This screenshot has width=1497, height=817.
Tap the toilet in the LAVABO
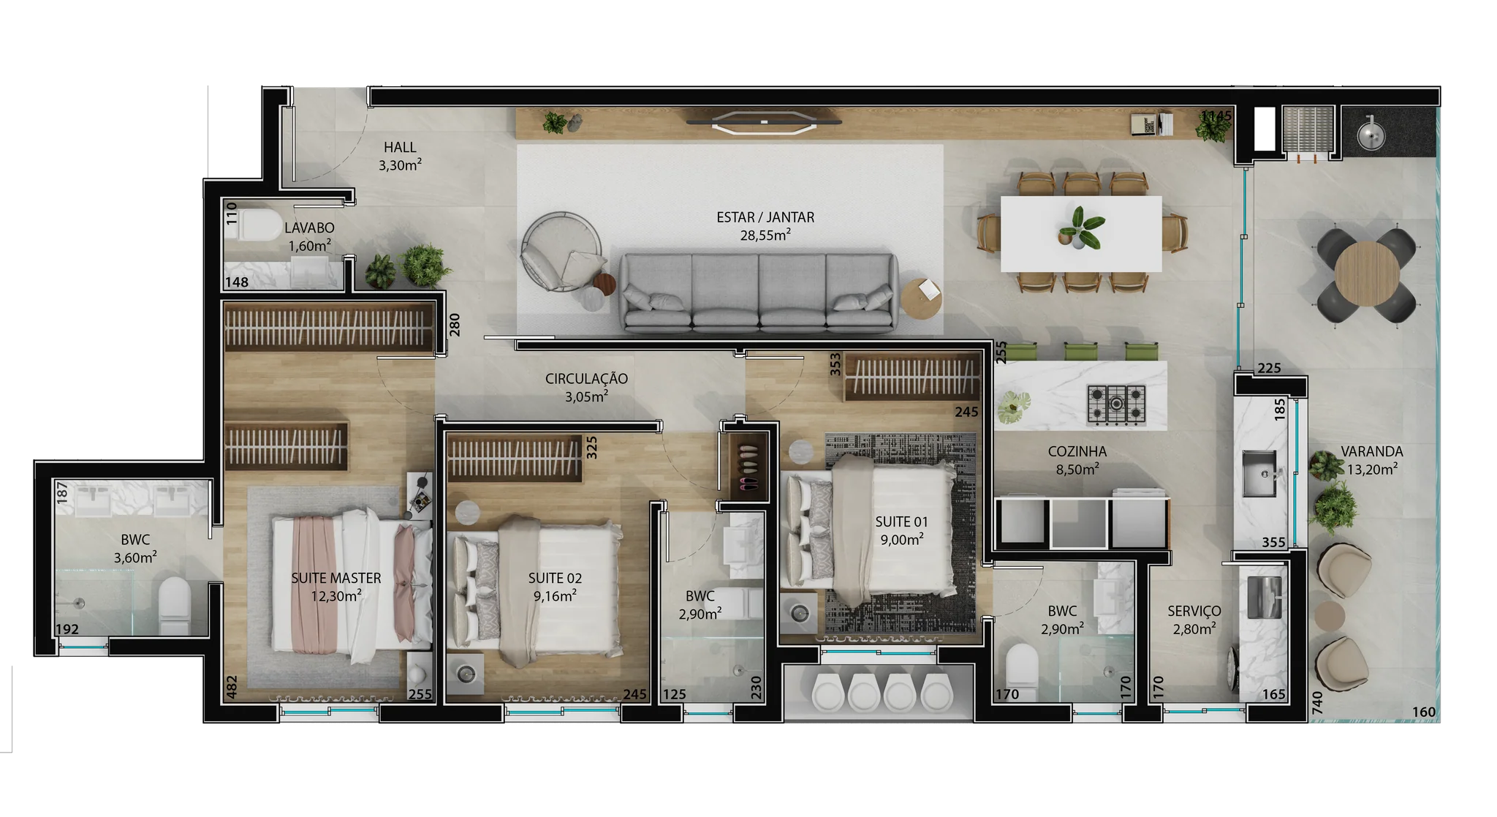pyautogui.click(x=254, y=225)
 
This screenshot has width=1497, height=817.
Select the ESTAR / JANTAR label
pyautogui.click(x=765, y=217)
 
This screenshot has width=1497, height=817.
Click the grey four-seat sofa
pyautogui.click(x=759, y=292)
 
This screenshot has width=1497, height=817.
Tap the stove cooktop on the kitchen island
pyautogui.click(x=1116, y=404)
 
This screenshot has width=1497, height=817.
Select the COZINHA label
pyautogui.click(x=1077, y=452)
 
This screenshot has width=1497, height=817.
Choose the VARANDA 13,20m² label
pyautogui.click(x=1372, y=460)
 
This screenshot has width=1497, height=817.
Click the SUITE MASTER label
pyautogui.click(x=336, y=578)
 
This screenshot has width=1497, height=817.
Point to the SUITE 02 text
pyautogui.click(x=556, y=578)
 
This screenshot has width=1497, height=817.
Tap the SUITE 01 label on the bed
pyautogui.click(x=902, y=522)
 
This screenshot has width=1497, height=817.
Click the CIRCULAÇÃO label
pyautogui.click(x=586, y=378)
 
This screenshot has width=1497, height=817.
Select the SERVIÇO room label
pyautogui.click(x=1194, y=611)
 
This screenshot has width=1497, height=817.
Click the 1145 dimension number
pyautogui.click(x=1216, y=116)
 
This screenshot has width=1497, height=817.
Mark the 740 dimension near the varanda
pyautogui.click(x=1317, y=703)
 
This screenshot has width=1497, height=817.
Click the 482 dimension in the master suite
pyautogui.click(x=232, y=687)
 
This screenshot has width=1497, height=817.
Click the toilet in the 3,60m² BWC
pyautogui.click(x=175, y=604)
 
